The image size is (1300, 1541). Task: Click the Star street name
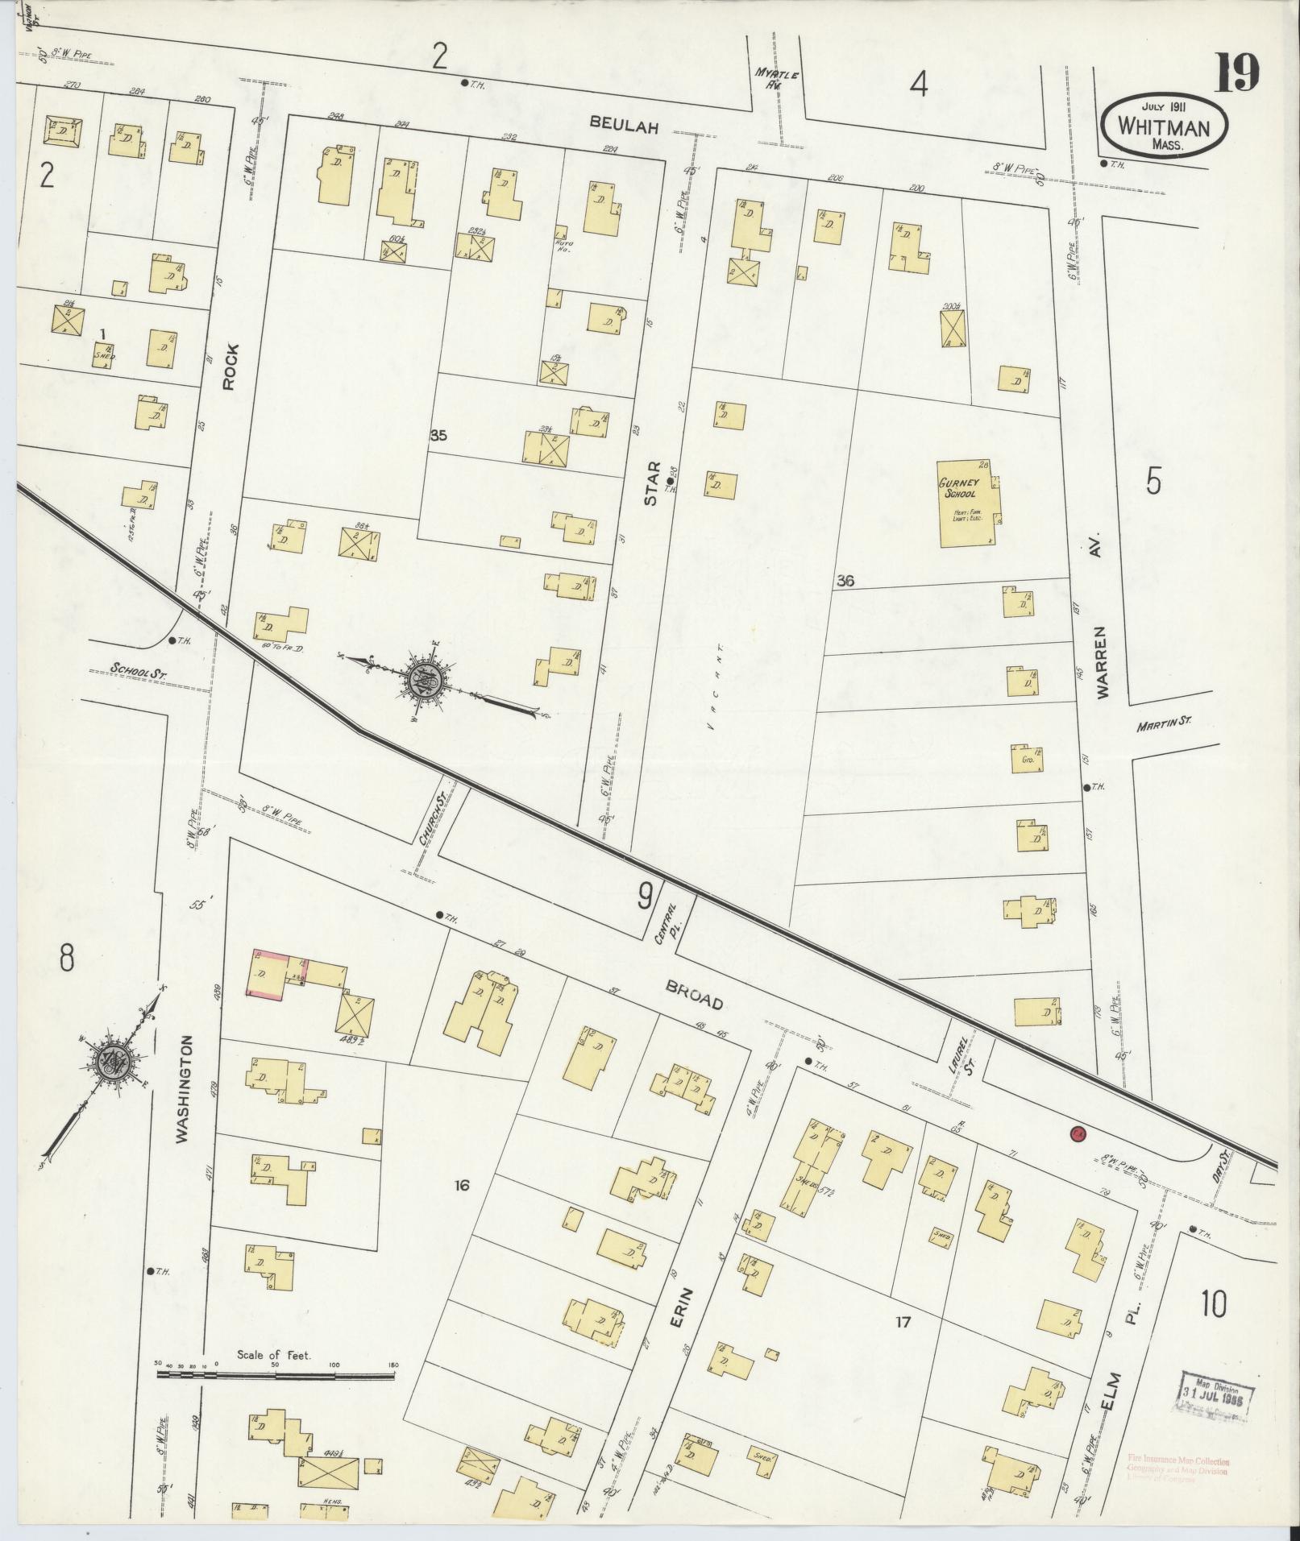click(x=651, y=483)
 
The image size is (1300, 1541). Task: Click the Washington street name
click(x=184, y=1089)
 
